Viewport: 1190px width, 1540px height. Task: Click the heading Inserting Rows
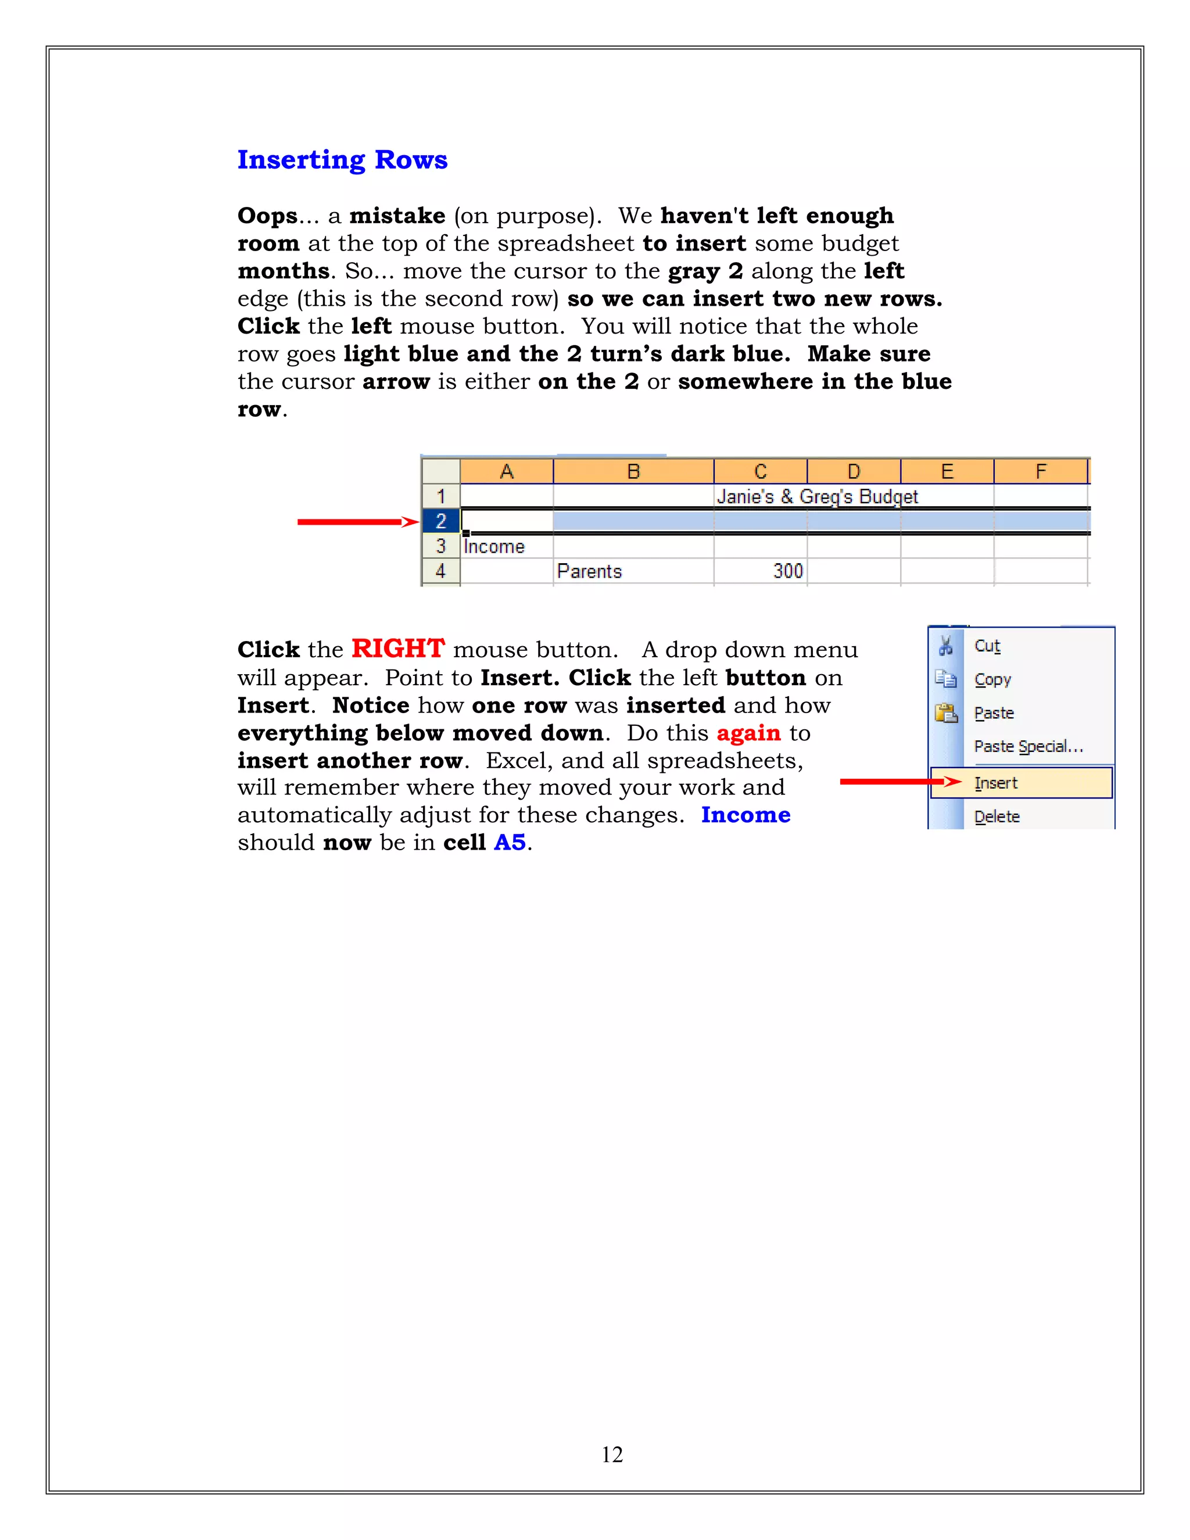coord(342,160)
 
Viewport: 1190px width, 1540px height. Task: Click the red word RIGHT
coord(397,649)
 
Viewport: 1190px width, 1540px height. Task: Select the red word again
coord(748,733)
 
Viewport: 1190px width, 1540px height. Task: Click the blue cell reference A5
coord(510,842)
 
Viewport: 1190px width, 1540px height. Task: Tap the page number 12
coord(612,1454)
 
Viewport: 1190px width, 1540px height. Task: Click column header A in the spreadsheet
coord(506,471)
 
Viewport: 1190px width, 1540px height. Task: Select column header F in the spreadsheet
coord(1041,471)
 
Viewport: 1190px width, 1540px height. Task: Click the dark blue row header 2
coord(440,521)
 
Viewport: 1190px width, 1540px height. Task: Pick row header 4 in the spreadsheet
coord(440,571)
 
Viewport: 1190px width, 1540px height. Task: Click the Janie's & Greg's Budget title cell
coord(817,496)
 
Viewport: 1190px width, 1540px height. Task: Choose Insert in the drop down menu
coord(995,783)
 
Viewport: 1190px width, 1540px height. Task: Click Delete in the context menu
coord(997,816)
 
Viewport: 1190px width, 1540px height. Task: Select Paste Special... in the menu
coord(1028,746)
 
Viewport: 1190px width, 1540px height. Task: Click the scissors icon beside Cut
coord(945,645)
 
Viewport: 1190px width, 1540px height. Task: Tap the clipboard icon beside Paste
coord(945,713)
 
